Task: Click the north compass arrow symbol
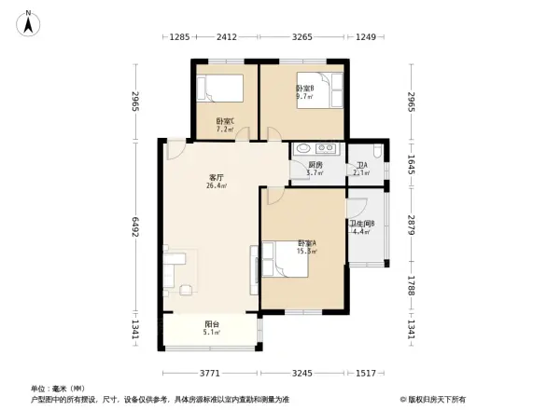[30, 20]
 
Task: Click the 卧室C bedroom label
[225, 121]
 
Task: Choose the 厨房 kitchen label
[314, 165]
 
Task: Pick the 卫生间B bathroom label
[362, 225]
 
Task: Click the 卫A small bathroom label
[361, 167]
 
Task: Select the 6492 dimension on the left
[135, 226]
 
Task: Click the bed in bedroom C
[221, 89]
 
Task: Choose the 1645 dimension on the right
[412, 164]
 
